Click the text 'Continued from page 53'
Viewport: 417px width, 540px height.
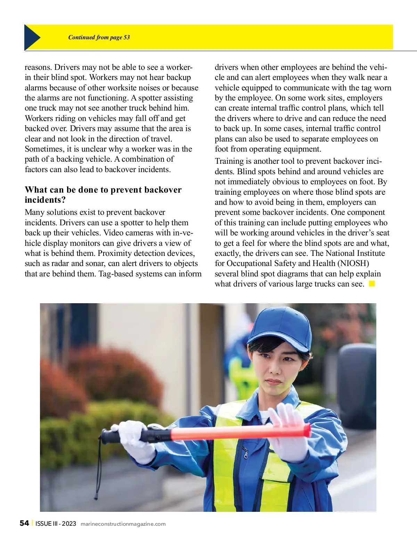click(x=99, y=38)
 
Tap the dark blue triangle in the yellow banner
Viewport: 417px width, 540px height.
click(x=31, y=37)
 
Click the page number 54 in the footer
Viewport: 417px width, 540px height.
click(x=24, y=523)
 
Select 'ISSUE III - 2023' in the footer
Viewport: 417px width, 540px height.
click(x=56, y=524)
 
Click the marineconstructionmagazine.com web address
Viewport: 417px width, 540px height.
click(x=123, y=524)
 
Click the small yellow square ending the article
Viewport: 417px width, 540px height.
click(x=372, y=284)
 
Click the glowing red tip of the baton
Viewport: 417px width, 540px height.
click(x=306, y=430)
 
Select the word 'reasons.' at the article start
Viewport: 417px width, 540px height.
click(x=39, y=67)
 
